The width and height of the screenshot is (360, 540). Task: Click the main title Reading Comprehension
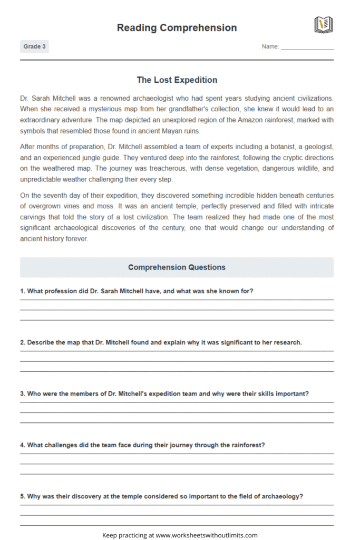pyautogui.click(x=177, y=27)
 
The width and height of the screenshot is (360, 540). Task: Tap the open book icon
pyautogui.click(x=323, y=25)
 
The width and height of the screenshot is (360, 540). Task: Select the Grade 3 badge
pyautogui.click(x=34, y=47)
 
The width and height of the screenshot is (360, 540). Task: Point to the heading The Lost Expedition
pyautogui.click(x=177, y=80)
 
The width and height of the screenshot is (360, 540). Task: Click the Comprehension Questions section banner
pyautogui.click(x=177, y=267)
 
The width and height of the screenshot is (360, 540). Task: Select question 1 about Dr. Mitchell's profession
pyautogui.click(x=137, y=291)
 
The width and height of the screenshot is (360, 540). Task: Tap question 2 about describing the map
pyautogui.click(x=161, y=342)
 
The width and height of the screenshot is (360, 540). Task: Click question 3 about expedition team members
pyautogui.click(x=164, y=394)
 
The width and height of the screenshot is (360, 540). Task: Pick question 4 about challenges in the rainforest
pyautogui.click(x=142, y=445)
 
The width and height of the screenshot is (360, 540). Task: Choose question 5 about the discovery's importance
pyautogui.click(x=161, y=496)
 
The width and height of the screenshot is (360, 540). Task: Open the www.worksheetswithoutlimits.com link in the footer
pyautogui.click(x=207, y=535)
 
